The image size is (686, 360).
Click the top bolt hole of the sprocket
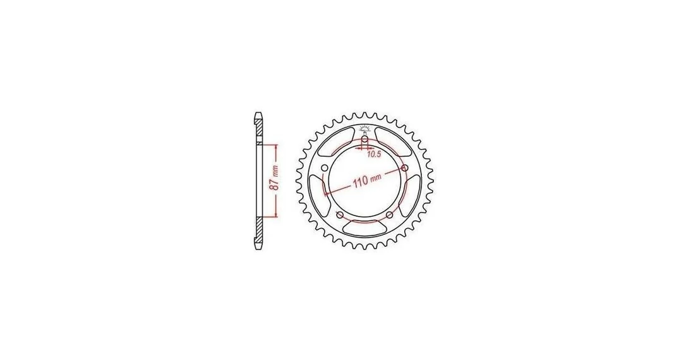pyautogui.click(x=364, y=139)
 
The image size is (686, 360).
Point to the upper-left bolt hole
pyautogui.click(x=324, y=169)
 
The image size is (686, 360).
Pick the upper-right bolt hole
pyautogui.click(x=405, y=169)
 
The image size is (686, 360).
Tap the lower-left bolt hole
pyautogui.click(x=339, y=214)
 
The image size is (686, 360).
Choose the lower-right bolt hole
pyautogui.click(x=389, y=214)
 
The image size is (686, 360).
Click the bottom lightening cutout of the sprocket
pyautogui.click(x=364, y=229)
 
